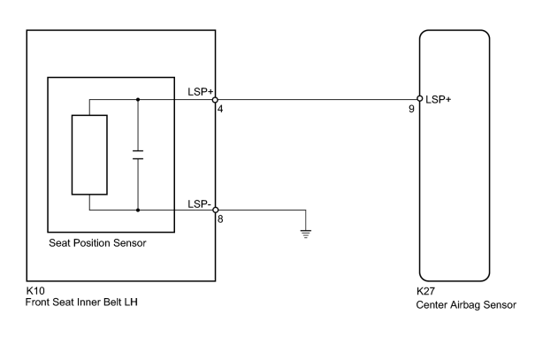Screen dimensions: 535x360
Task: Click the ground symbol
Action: [x=306, y=234]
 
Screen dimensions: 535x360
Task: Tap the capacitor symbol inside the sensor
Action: [x=138, y=155]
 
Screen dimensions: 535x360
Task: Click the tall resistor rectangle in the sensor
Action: [x=89, y=155]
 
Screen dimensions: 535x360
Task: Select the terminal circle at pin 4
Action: [x=215, y=100]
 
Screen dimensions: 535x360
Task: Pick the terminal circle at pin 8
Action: [x=215, y=210]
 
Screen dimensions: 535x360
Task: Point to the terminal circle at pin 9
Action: [x=420, y=99]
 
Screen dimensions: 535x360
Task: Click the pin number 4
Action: [x=220, y=109]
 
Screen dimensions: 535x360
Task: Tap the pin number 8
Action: [x=220, y=219]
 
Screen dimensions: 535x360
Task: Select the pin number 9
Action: [x=411, y=109]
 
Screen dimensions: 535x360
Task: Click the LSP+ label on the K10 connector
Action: [x=200, y=92]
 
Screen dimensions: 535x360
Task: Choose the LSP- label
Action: [x=199, y=204]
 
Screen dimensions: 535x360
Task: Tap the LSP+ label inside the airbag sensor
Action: [x=439, y=99]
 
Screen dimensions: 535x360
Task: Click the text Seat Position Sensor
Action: [x=97, y=243]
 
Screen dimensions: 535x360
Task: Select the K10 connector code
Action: [x=35, y=291]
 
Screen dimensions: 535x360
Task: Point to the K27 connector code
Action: [x=426, y=291]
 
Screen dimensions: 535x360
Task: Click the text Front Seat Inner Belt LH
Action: [x=81, y=303]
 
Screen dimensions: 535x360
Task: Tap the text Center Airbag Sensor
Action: [x=466, y=305]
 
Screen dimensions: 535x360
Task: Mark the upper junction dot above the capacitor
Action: [x=138, y=100]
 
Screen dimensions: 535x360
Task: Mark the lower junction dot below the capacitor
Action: [x=138, y=211]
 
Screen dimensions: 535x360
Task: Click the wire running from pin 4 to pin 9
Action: [x=317, y=100]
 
